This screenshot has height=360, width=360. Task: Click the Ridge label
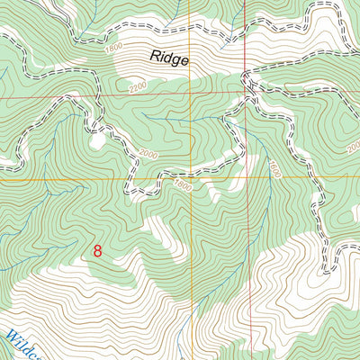[x=169, y=59]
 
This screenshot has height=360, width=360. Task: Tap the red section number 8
[x=96, y=252]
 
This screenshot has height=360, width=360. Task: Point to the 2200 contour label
[x=136, y=86]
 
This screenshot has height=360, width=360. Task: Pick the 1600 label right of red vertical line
[x=274, y=168]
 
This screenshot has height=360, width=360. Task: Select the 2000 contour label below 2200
[x=149, y=155]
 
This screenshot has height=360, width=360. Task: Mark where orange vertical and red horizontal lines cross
[x=191, y=93]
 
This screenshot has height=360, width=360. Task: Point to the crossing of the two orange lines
[x=191, y=176]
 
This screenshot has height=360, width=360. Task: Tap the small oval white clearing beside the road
[x=95, y=140]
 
